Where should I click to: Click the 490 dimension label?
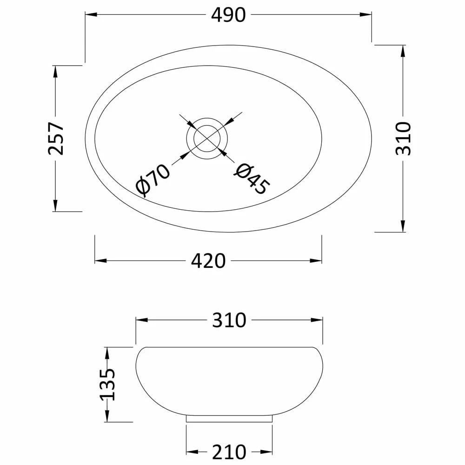(228, 15)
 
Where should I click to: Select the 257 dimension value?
(56, 138)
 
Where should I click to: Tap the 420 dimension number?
(208, 261)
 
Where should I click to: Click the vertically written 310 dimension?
(403, 138)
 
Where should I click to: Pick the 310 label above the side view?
(229, 320)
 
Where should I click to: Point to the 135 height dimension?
(107, 384)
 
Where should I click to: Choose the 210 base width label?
(229, 451)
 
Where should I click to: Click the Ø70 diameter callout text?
(153, 180)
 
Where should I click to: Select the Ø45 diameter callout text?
(252, 179)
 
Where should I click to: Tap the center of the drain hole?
(207, 138)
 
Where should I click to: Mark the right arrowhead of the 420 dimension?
(318, 261)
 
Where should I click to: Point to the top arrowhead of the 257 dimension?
(56, 70)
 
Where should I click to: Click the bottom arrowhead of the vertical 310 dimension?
(403, 226)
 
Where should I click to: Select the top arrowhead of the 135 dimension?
(107, 352)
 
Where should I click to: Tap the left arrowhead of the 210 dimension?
(191, 451)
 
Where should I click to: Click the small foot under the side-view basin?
(229, 418)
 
